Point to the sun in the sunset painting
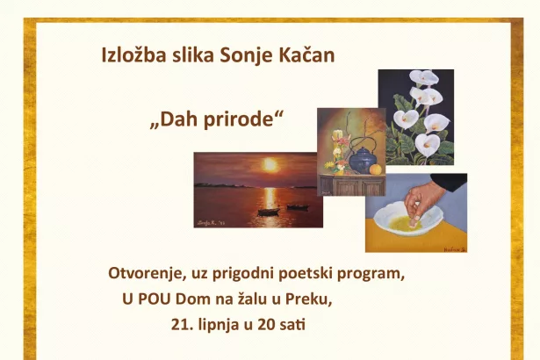(x=270, y=165)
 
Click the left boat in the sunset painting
(x=269, y=212)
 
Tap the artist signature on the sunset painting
(x=211, y=222)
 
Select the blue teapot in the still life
(x=363, y=160)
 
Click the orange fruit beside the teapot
(x=376, y=169)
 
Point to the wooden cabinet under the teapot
(x=352, y=185)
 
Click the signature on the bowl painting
(x=455, y=248)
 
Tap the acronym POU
(x=155, y=299)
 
